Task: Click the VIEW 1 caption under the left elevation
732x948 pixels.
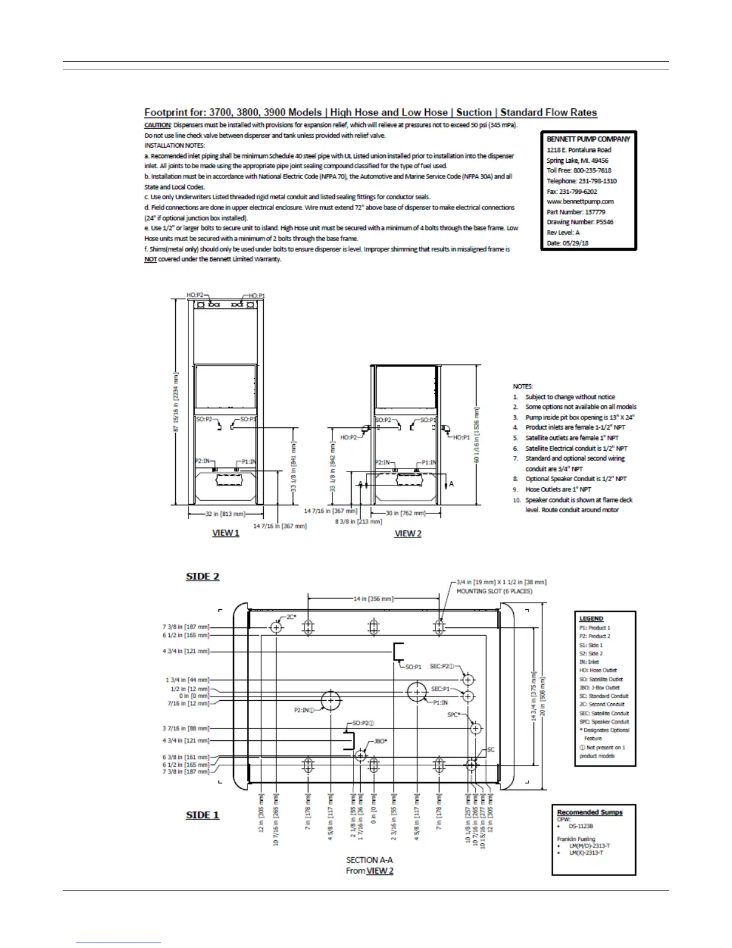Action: (x=225, y=533)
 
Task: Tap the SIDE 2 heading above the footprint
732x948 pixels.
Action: (x=203, y=576)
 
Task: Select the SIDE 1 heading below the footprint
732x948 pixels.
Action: (x=203, y=815)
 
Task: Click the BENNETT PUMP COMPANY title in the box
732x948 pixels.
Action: (x=588, y=139)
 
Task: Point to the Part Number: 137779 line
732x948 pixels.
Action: (x=576, y=212)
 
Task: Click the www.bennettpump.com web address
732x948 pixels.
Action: (x=580, y=202)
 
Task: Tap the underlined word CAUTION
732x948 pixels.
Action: (x=157, y=125)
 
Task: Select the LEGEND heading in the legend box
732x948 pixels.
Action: (x=591, y=619)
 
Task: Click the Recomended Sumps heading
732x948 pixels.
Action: (x=590, y=812)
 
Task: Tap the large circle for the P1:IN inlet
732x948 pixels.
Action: (x=416, y=692)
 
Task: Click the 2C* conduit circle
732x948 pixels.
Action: (x=276, y=627)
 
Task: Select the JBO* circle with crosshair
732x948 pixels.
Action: (x=360, y=755)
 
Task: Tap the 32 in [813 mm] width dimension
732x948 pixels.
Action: (x=225, y=513)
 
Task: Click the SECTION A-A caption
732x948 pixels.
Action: (x=370, y=860)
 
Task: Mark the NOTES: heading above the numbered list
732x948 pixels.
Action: (x=523, y=387)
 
